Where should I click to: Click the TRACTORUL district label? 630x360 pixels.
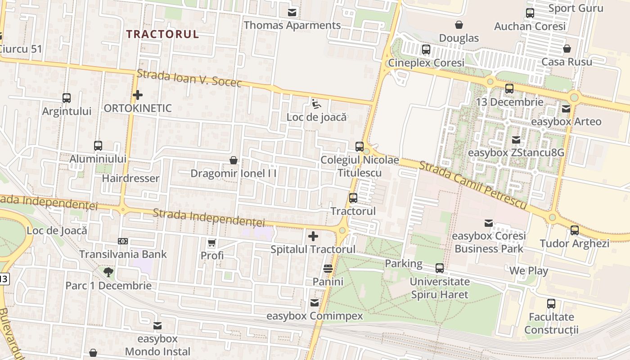(x=162, y=34)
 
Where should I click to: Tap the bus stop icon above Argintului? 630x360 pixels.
(x=67, y=98)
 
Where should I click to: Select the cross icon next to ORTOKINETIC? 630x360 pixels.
(x=138, y=95)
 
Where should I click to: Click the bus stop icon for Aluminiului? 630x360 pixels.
(x=98, y=146)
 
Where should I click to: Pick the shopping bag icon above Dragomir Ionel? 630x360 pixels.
(x=234, y=160)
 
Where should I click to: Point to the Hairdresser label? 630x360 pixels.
(x=130, y=178)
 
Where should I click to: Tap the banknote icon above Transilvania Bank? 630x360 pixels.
(x=123, y=241)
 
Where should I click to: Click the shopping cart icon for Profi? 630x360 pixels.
(x=212, y=243)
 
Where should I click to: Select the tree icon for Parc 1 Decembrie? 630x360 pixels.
(x=108, y=272)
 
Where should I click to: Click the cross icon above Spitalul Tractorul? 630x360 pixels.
(x=313, y=236)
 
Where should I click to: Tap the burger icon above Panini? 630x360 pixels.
(x=328, y=269)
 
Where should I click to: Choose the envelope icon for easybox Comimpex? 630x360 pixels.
(x=315, y=303)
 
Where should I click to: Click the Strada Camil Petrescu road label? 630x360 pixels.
(x=472, y=185)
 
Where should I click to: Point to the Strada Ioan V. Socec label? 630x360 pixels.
(x=189, y=79)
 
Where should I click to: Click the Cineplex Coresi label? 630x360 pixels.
(x=426, y=63)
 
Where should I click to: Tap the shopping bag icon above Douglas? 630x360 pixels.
(x=459, y=25)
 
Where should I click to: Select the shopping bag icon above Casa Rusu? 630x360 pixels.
(x=567, y=49)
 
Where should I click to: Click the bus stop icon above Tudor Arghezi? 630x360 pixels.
(x=575, y=230)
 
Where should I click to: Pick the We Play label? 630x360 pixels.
(x=529, y=271)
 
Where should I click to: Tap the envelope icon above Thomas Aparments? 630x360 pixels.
(x=292, y=12)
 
